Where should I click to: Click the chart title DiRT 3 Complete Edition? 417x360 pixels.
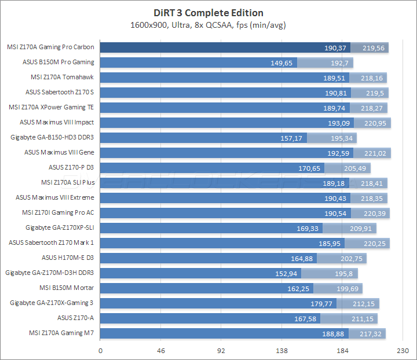[209, 13]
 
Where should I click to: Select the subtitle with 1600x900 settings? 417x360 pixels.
[209, 25]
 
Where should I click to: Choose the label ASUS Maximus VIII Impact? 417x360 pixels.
[57, 122]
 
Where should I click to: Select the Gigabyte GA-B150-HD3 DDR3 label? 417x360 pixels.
[52, 137]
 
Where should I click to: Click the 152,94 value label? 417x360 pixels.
[287, 273]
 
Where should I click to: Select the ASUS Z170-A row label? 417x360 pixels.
[75, 318]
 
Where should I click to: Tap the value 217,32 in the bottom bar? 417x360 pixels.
[370, 333]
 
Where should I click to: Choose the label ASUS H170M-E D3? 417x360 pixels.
[68, 258]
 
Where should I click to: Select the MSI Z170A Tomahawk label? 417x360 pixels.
[62, 77]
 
